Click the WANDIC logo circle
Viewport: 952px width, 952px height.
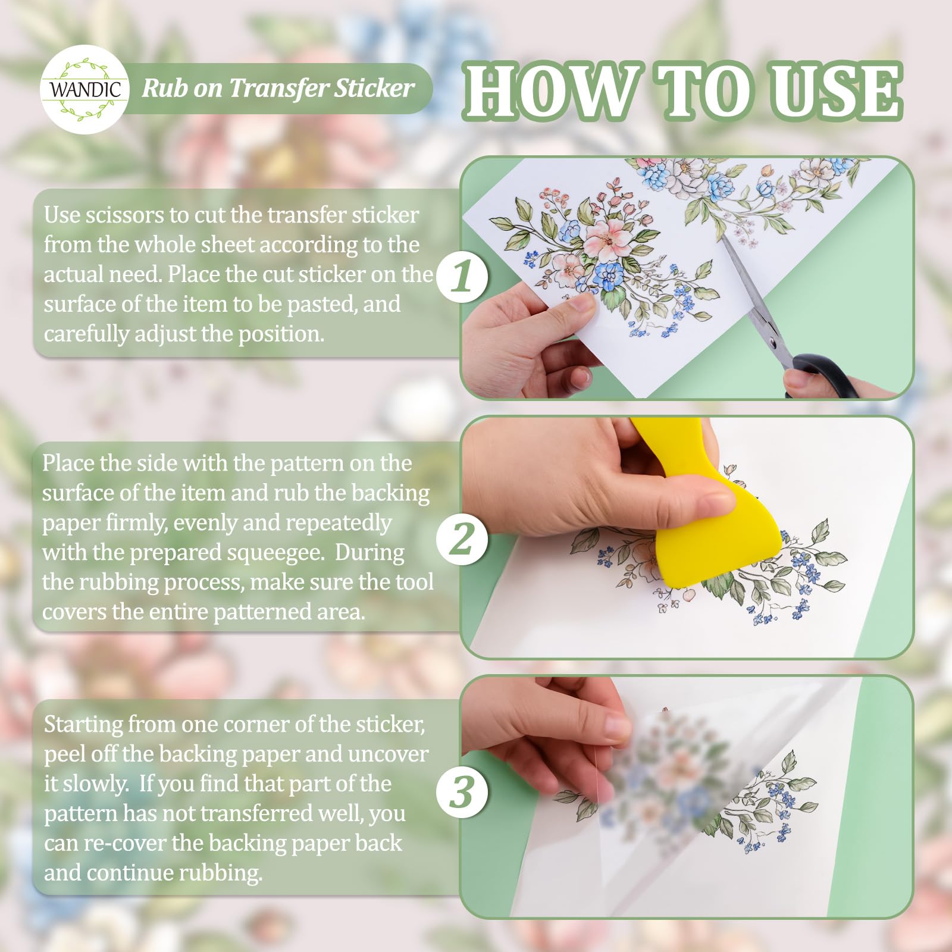[x=85, y=89]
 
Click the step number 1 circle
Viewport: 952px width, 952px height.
[x=462, y=277]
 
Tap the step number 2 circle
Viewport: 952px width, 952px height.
[x=462, y=540]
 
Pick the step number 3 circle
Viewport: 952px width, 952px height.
[x=462, y=792]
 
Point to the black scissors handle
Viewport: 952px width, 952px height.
[x=824, y=375]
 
